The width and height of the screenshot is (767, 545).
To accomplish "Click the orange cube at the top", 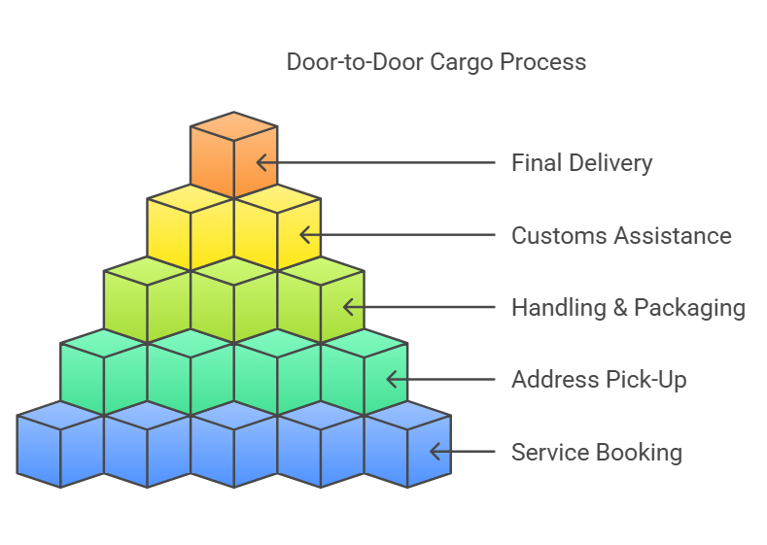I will click(x=234, y=155).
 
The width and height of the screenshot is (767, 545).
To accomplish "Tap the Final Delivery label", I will click(x=581, y=162).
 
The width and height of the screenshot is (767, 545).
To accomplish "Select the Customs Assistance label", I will click(x=621, y=235).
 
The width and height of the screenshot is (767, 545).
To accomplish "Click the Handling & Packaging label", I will click(x=628, y=308).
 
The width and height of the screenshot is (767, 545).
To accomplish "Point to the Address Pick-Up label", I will click(x=599, y=379).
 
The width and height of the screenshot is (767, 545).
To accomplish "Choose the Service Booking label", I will click(x=596, y=452).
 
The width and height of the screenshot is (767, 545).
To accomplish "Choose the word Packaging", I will click(x=689, y=309).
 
